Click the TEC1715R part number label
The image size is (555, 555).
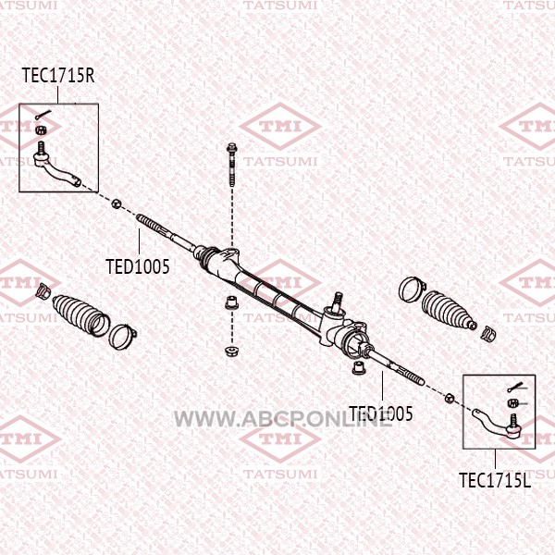(x=58, y=76)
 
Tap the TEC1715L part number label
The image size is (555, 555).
(x=496, y=479)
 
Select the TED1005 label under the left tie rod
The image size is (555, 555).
(x=138, y=267)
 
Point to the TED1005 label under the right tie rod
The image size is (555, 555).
(x=380, y=413)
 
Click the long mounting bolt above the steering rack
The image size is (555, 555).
(x=230, y=166)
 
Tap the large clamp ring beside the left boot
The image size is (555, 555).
(x=120, y=335)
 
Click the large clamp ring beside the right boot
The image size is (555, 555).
(x=409, y=289)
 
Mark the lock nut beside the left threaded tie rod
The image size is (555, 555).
(x=116, y=203)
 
